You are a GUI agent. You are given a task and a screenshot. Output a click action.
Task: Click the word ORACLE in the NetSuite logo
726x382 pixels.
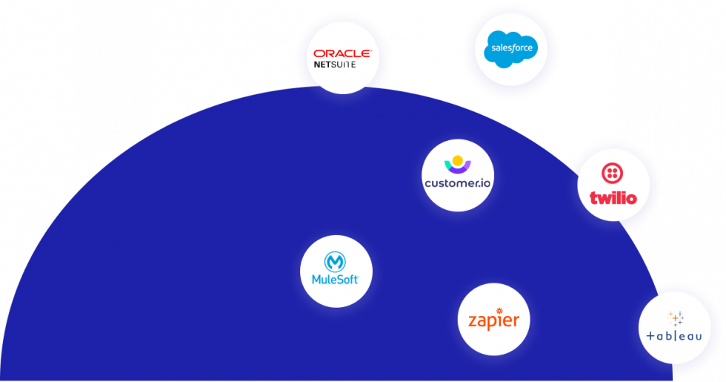342,53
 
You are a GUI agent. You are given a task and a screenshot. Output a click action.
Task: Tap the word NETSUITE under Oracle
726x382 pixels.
334,65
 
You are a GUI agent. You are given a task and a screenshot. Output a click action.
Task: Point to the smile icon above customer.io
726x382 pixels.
457,164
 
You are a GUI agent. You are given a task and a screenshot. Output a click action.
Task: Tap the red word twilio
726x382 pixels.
613,198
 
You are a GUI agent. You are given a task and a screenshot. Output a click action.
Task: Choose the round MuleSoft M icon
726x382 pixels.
336,262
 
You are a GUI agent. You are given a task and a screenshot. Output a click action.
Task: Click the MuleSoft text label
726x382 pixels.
336,280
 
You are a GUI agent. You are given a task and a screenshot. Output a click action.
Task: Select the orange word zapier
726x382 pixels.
493,322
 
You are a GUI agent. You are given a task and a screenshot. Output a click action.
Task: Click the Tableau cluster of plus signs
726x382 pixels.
676,318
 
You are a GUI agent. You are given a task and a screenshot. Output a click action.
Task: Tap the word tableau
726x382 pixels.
674,337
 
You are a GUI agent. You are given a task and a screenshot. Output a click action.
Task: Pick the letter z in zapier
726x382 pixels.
473,322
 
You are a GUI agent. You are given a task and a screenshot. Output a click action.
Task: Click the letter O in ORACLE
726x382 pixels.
319,53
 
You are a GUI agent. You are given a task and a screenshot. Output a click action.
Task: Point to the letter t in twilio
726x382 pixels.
593,198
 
